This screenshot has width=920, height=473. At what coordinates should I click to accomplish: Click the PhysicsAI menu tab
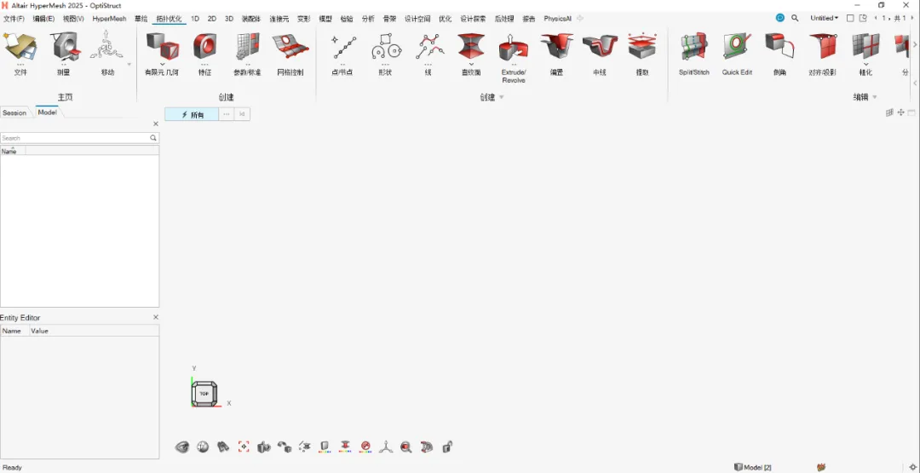pos(557,18)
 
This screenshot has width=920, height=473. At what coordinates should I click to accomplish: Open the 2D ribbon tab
pos(212,18)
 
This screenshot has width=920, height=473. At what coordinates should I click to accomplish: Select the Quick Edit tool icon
pos(737,48)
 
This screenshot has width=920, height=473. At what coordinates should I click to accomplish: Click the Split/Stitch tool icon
pos(694,48)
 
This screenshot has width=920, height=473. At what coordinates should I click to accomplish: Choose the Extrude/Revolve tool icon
pos(514,48)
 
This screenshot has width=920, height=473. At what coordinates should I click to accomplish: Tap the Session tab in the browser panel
pos(14,112)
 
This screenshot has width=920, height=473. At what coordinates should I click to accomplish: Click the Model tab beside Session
pos(47,112)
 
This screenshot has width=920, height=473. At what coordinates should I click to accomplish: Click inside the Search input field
pos(75,137)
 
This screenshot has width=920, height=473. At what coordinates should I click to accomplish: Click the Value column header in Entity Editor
pos(40,331)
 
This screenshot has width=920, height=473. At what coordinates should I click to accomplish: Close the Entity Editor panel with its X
pos(156,317)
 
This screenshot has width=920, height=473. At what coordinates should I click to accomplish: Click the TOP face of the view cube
pos(204,394)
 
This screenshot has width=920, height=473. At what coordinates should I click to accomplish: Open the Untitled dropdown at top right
pos(824,18)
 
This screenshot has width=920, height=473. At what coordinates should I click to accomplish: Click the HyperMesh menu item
pos(109,18)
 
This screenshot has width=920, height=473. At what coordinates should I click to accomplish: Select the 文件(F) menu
pos(14,18)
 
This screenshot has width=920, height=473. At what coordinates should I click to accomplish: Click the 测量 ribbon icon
pos(64,48)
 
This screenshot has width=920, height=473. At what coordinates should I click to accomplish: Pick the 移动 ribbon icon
pos(107,48)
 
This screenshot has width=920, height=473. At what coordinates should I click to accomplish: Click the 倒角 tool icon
pos(779,48)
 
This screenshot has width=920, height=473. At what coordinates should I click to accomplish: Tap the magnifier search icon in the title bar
pos(795,18)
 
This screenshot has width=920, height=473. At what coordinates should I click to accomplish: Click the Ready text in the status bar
pos(12,467)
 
